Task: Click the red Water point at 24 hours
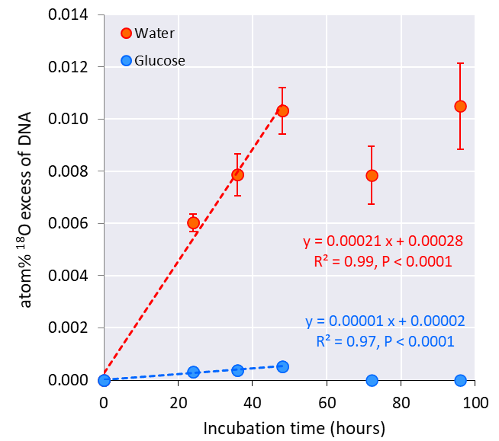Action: click(193, 222)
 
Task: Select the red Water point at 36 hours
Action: click(237, 174)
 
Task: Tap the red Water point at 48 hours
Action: click(282, 110)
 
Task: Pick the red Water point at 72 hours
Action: click(372, 175)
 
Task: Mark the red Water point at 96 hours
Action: click(460, 106)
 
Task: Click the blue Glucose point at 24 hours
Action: click(193, 372)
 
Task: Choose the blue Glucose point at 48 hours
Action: click(282, 366)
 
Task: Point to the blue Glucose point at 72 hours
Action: click(372, 380)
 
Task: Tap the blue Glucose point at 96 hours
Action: click(460, 380)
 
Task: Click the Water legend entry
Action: click(148, 33)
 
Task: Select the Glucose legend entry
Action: click(153, 60)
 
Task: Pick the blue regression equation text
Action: click(385, 321)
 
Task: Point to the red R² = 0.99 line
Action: click(382, 261)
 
